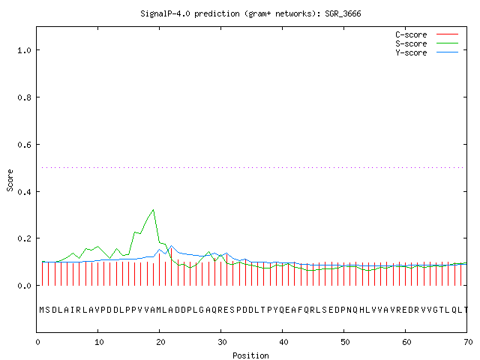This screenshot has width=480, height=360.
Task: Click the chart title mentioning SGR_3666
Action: (250, 13)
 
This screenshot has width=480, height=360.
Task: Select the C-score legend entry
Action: (427, 34)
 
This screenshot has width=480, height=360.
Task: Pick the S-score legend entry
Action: (427, 43)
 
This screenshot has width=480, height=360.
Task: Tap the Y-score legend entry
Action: (427, 52)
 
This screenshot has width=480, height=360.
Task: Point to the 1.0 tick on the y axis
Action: (24, 50)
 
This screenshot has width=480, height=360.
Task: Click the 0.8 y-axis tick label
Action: (24, 97)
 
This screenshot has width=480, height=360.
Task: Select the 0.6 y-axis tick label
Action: (24, 145)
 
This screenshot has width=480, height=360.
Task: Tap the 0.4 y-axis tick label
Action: (24, 192)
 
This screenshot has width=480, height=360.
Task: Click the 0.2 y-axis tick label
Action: (24, 238)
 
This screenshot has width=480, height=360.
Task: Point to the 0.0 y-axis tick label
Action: (24, 286)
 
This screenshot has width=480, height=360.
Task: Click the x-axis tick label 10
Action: (99, 342)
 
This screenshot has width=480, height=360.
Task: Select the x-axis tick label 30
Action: (222, 342)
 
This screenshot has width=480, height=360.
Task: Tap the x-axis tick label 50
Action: (345, 342)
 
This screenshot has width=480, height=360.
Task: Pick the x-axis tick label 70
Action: (468, 342)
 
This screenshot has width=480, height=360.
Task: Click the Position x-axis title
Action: (250, 355)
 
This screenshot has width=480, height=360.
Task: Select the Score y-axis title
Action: (10, 180)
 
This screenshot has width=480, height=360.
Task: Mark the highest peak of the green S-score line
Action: (153, 210)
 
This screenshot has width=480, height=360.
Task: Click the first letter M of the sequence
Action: (42, 310)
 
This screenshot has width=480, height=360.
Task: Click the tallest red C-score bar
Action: (172, 266)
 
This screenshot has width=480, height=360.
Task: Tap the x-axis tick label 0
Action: (37, 342)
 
